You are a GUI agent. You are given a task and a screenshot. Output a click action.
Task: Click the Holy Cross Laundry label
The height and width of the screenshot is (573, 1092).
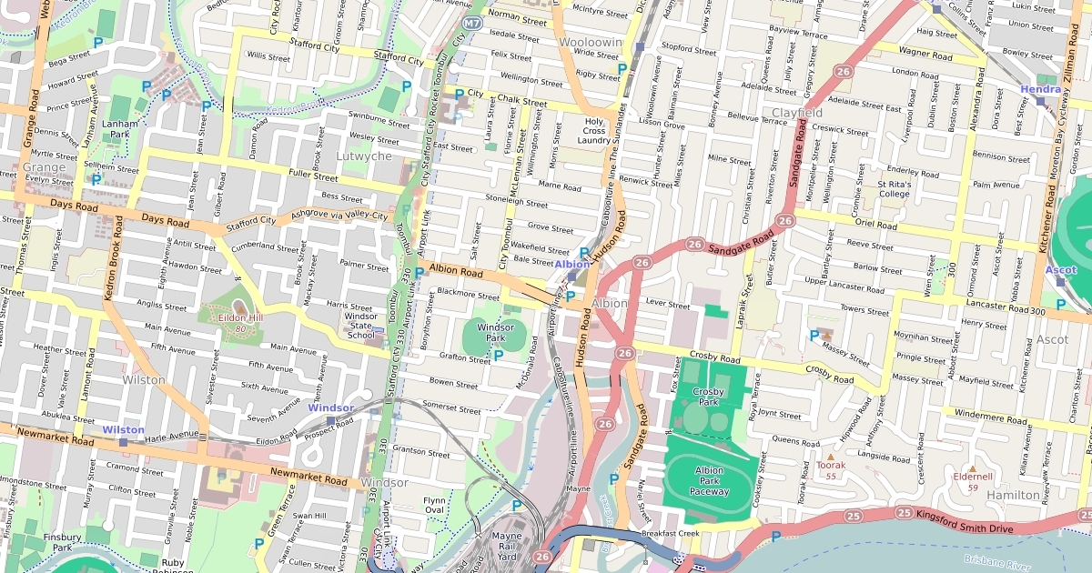coord(594,131)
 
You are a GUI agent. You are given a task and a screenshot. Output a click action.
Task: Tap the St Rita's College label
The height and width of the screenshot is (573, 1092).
coord(894,188)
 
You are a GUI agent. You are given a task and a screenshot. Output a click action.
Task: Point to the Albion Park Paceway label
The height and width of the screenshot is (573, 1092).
coord(709,481)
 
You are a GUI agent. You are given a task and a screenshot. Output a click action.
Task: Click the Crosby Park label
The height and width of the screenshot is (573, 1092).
coord(707,397)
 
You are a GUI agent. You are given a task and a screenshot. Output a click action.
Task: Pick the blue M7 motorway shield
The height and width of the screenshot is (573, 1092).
coord(471,22)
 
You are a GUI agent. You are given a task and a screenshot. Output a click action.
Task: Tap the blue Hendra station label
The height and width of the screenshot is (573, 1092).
coord(1040,89)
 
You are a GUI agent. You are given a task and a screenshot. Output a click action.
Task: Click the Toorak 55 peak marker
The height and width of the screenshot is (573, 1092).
coord(830,455)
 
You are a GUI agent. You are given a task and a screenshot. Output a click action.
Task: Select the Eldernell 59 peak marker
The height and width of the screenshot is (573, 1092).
coord(971,467)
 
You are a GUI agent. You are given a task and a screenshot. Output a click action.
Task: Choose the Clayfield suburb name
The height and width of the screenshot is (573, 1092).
coord(797,113)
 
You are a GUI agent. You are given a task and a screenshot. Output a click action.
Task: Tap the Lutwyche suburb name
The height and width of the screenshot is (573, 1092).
coord(364,156)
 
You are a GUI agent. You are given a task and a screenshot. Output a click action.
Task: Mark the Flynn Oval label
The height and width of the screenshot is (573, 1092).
coord(434,505)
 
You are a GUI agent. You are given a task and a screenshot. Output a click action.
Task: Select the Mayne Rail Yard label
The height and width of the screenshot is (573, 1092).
coord(506,547)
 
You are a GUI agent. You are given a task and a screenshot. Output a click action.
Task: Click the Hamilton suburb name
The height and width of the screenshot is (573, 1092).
coord(1013,495)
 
